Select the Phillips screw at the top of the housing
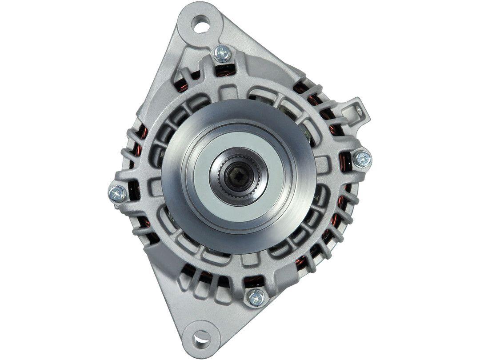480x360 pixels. (x=222, y=54)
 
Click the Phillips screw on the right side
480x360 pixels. (x=362, y=159)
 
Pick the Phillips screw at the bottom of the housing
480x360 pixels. (x=256, y=297)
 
